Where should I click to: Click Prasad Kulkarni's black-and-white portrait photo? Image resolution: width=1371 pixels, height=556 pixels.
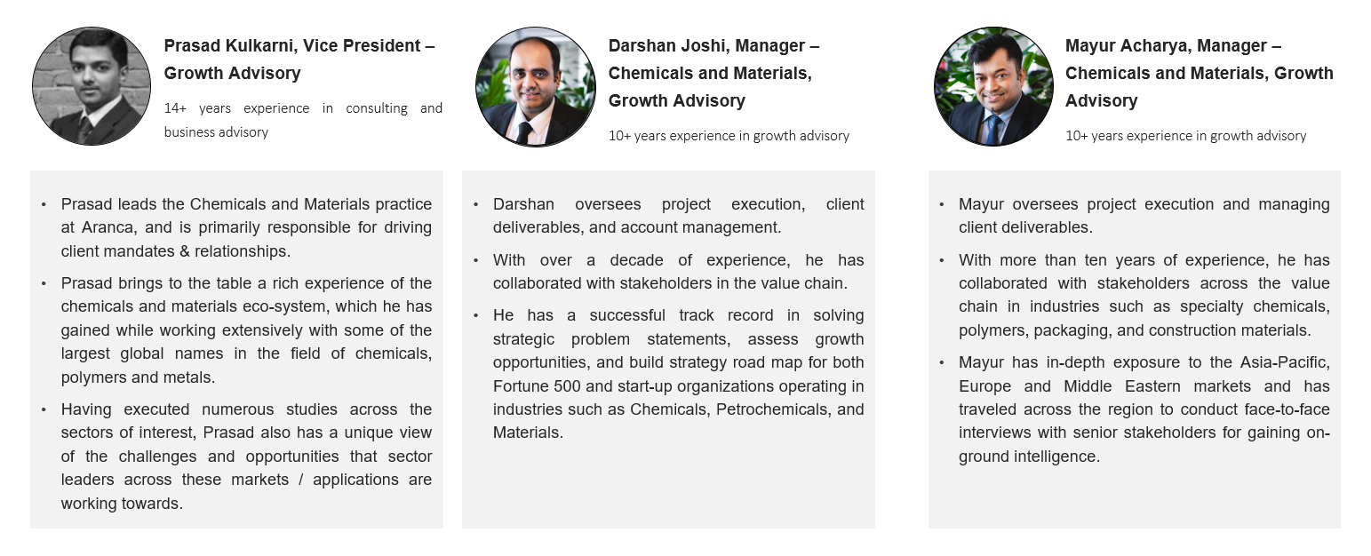(92, 86)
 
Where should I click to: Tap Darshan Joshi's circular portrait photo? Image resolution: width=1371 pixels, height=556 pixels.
(536, 86)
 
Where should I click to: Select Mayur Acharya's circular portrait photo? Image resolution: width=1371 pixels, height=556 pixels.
(993, 86)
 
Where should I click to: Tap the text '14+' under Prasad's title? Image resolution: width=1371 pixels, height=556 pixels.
(175, 108)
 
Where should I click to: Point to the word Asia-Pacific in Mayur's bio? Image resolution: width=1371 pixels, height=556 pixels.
(1285, 362)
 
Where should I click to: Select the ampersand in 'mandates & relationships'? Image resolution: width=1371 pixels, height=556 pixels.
(184, 251)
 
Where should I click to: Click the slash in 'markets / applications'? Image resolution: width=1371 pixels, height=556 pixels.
(300, 481)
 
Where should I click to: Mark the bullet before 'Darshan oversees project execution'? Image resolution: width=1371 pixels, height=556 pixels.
(475, 205)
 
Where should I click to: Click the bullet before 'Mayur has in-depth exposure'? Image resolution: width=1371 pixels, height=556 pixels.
(941, 362)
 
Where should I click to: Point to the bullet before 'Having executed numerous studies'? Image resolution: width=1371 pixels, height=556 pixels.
(44, 409)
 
